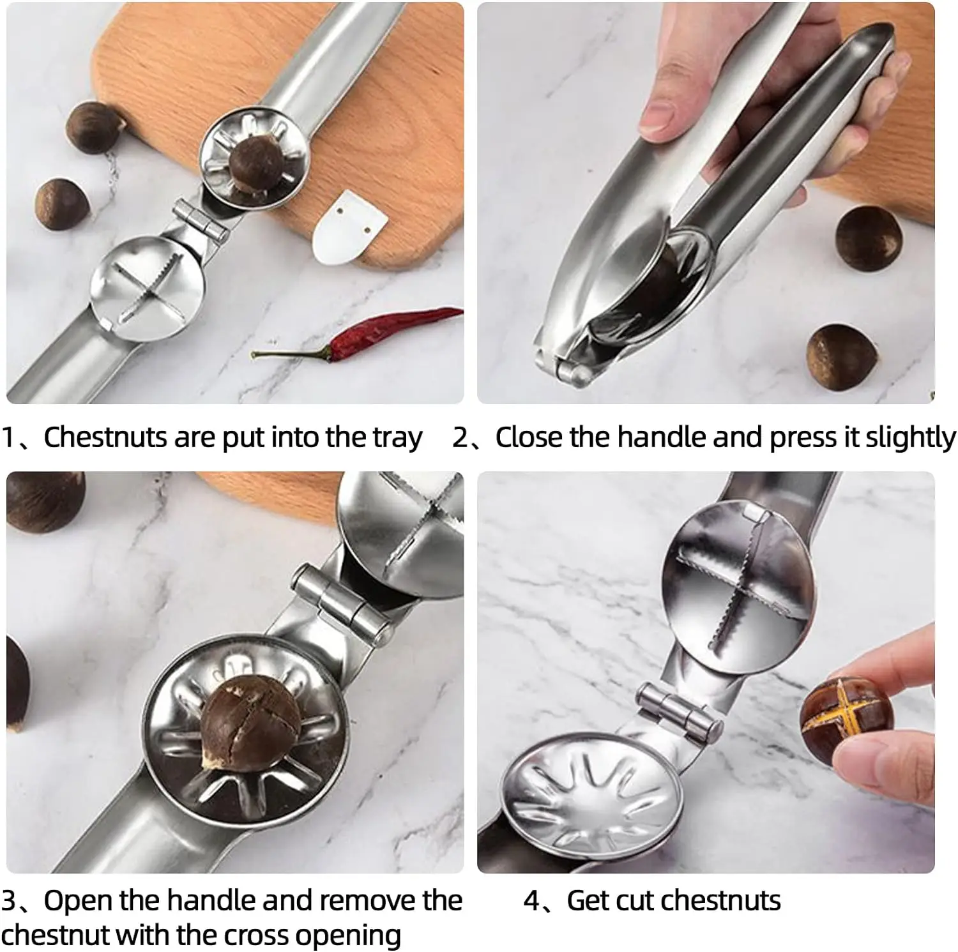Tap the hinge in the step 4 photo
pos(680,709)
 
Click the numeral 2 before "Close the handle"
pos(460,437)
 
